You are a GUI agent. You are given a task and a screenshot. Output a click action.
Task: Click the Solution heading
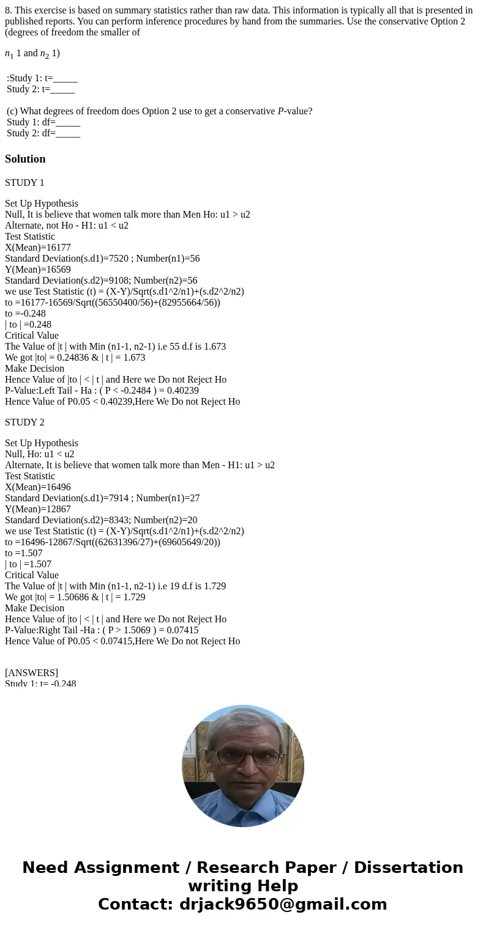25,159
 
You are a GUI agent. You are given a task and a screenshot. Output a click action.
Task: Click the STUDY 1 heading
24,183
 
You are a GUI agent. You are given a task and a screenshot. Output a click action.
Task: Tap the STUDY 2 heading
24,422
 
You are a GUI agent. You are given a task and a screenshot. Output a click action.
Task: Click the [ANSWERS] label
31,673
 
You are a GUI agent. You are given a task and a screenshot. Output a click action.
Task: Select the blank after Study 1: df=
68,122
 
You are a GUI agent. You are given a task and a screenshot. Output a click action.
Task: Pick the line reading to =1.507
24,553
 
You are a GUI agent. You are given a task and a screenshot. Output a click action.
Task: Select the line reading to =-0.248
25,314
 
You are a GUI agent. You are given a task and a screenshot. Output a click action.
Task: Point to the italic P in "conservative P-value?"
280,111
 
